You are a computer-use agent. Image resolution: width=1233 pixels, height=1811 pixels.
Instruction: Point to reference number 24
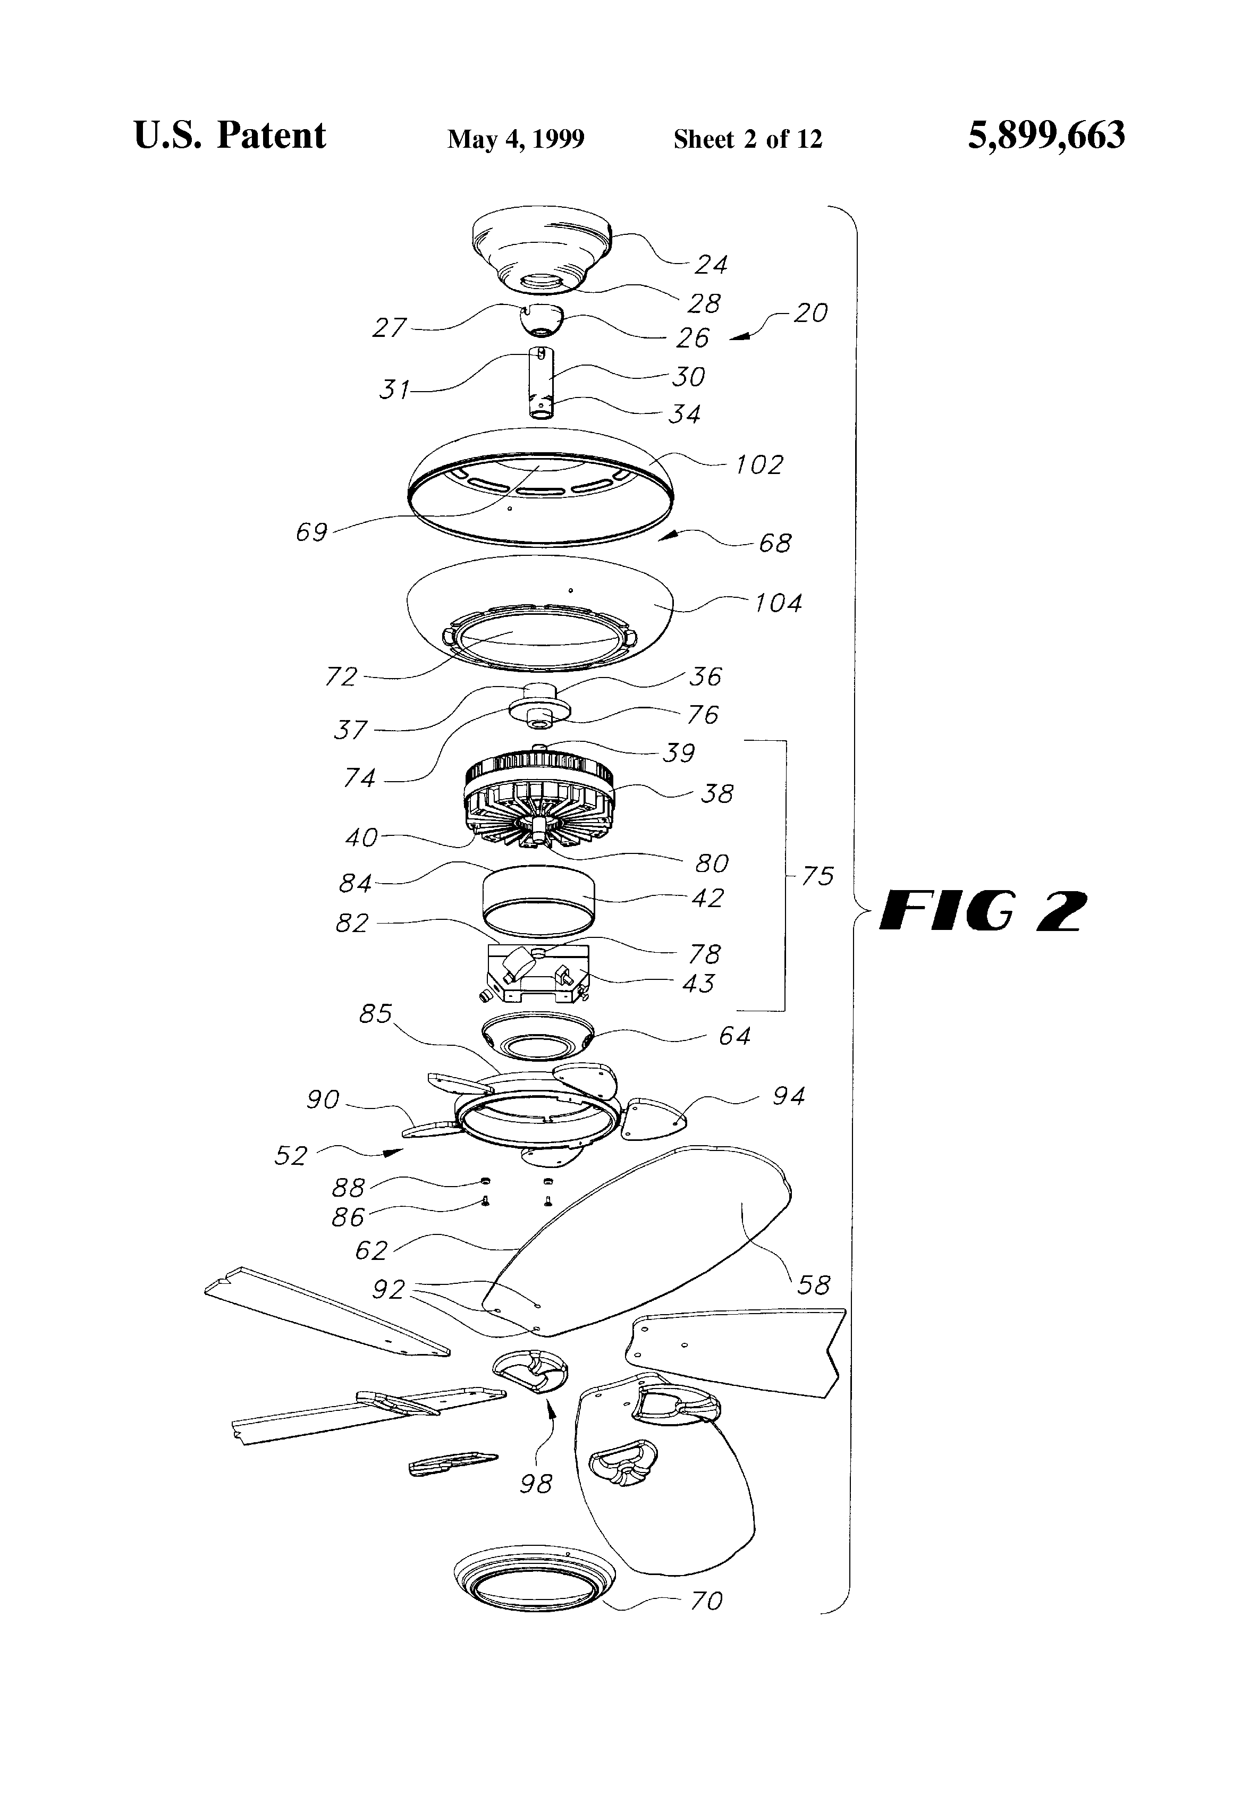coord(711,266)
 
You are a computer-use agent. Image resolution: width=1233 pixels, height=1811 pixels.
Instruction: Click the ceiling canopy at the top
coord(543,249)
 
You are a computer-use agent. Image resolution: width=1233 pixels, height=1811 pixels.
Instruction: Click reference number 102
coord(759,465)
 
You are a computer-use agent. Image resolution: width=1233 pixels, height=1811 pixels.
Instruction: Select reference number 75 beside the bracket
coord(817,877)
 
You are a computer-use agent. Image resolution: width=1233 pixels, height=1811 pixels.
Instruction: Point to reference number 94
coord(788,1096)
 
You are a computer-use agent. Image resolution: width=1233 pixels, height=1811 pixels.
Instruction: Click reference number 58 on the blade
coord(814,1285)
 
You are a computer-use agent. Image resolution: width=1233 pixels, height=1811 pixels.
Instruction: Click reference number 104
coord(778,603)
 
